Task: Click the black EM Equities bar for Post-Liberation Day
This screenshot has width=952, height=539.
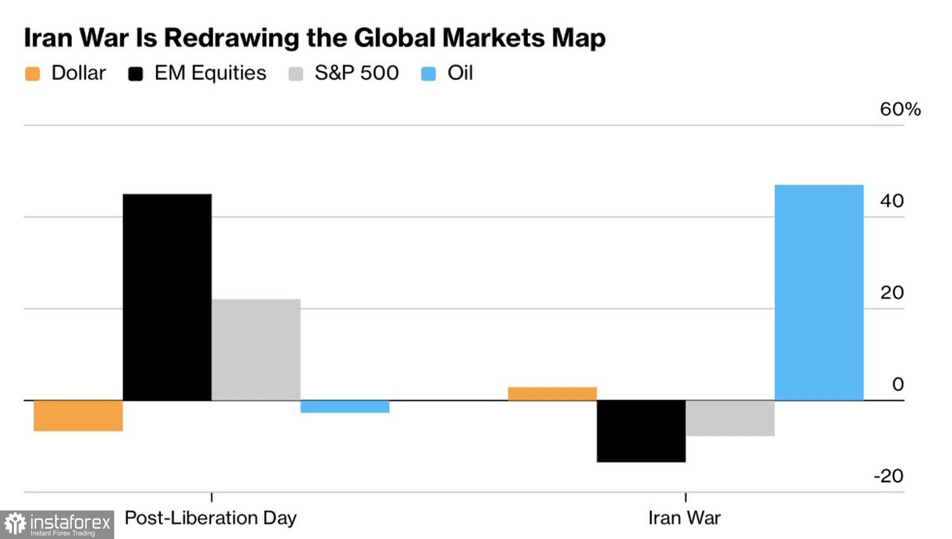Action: pos(167,297)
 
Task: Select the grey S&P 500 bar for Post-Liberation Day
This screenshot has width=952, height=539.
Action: pos(256,349)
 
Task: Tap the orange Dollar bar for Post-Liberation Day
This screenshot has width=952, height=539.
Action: pos(78,416)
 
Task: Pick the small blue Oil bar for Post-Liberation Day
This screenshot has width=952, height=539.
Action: pos(345,406)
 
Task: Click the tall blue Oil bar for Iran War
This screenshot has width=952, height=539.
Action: pos(819,292)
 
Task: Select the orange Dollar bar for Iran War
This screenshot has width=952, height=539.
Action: pos(552,394)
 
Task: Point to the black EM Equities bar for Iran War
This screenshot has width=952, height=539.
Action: pos(641,431)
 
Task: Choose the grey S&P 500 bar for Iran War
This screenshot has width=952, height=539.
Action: pos(730,418)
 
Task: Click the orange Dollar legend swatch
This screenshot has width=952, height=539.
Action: pos(32,74)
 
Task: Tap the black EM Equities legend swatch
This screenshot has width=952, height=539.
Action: pos(135,74)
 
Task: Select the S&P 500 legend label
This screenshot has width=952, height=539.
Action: pos(357,73)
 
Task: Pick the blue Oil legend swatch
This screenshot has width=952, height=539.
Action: pos(429,74)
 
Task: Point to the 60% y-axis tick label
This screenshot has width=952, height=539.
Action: pos(900,109)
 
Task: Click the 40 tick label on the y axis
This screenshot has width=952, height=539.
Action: pos(892,201)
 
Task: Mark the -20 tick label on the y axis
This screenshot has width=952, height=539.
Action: pos(889,476)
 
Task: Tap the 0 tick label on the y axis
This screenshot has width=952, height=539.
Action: pos(897,384)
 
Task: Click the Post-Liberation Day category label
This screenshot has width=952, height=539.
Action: pos(211,518)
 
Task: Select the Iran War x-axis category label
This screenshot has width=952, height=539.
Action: pos(684,518)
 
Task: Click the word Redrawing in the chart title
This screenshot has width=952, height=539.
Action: pos(232,38)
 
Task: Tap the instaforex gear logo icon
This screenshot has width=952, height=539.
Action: pos(15,524)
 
